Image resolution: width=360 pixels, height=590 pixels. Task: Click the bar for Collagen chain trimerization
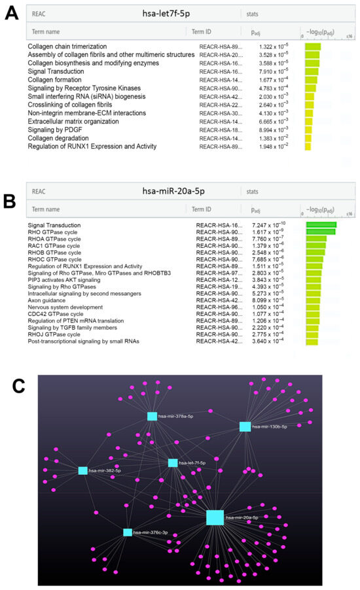click(312, 46)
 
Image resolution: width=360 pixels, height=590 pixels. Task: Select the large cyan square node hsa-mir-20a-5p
click(215, 517)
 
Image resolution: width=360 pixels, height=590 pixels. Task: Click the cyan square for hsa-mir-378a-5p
click(152, 416)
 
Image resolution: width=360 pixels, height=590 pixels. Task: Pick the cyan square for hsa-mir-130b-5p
click(245, 426)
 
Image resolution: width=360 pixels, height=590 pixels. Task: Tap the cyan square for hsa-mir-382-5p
click(82, 470)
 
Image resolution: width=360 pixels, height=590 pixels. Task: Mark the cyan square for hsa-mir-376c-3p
click(127, 532)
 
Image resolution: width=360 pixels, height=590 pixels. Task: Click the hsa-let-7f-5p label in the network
click(193, 463)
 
